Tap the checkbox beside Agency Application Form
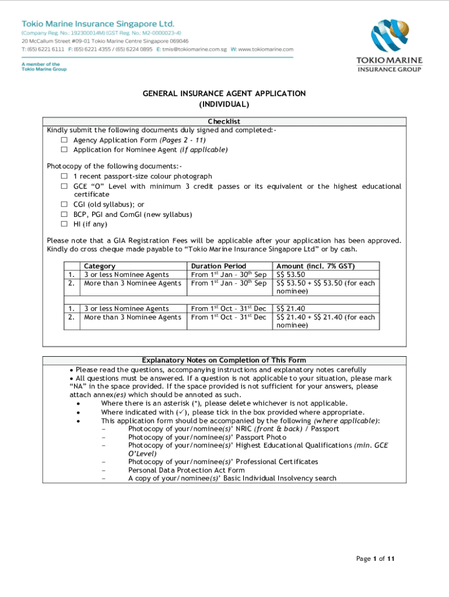[65, 141]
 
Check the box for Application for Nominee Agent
[65, 150]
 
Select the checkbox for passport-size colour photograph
[65, 176]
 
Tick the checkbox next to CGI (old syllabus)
[65, 205]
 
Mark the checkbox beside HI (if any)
[65, 224]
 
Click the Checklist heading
[224, 121]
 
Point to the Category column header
[100, 266]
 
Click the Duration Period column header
[219, 266]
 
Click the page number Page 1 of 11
[376, 559]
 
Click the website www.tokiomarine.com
[265, 50]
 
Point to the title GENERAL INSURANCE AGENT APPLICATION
[224, 93]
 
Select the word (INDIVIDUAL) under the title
[224, 104]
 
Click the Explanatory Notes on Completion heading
[224, 360]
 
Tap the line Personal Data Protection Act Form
[186, 470]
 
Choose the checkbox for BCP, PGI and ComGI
[65, 215]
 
